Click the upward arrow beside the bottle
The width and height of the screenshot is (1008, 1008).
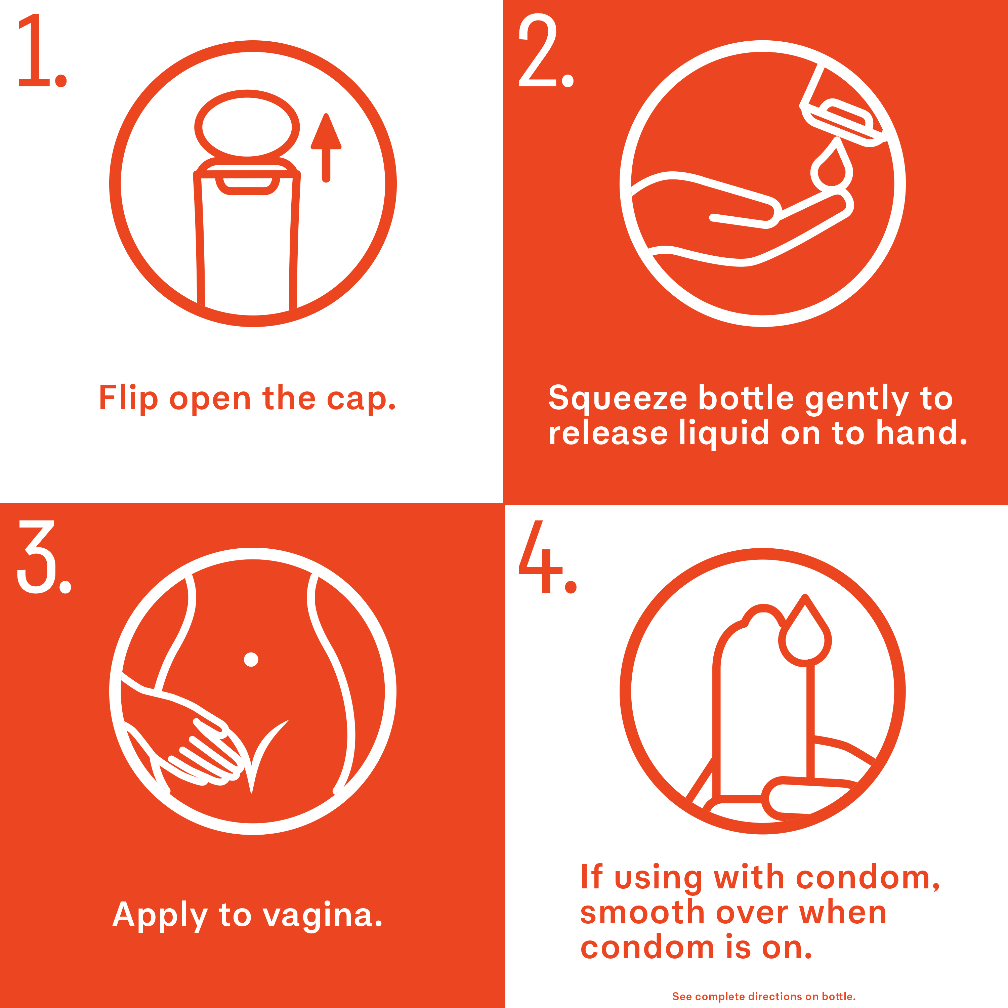(326, 148)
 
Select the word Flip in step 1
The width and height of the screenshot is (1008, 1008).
(128, 398)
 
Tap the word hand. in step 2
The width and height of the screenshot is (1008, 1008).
(921, 433)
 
